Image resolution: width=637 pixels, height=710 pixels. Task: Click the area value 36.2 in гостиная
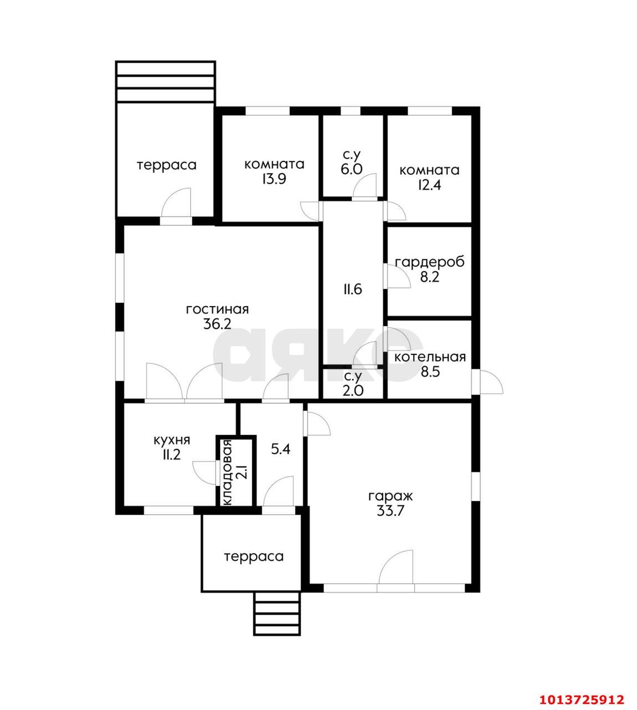point(217,324)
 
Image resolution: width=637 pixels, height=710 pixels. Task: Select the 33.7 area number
point(391,511)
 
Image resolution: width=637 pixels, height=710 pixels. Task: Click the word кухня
point(172,440)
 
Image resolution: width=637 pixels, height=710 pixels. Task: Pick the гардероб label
point(430,262)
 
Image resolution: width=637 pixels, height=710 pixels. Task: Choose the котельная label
point(430,357)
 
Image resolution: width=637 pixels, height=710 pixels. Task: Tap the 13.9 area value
point(273,179)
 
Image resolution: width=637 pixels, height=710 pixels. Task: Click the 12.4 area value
point(430,185)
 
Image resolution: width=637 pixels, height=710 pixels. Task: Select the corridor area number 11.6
point(353,290)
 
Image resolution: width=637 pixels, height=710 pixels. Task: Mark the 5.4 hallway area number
point(281,449)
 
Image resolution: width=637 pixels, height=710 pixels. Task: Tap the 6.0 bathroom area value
point(351,169)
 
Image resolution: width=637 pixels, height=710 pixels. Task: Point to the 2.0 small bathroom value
point(353,390)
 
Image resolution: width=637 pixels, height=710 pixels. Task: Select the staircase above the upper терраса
point(165,82)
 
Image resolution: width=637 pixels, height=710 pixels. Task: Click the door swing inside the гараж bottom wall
point(396,569)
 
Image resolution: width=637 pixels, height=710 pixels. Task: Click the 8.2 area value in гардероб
point(430,277)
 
